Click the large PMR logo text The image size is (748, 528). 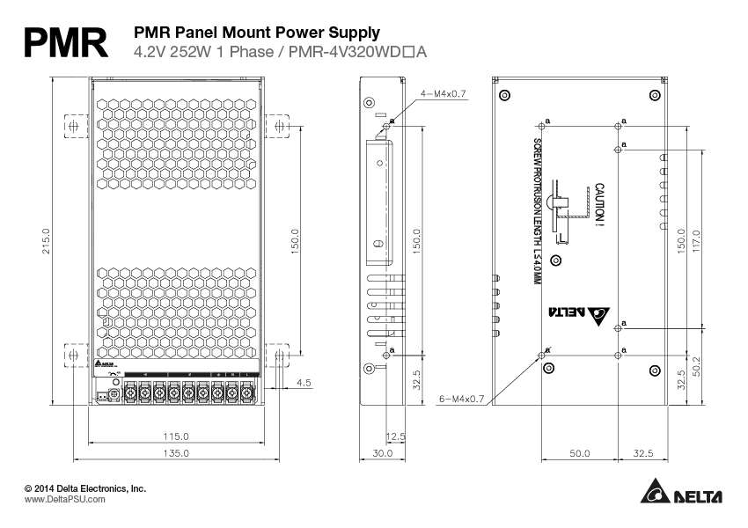click(x=66, y=42)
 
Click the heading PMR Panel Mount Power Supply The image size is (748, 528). click(x=256, y=33)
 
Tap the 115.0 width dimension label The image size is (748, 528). click(x=176, y=436)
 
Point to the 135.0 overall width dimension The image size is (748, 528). click(x=176, y=453)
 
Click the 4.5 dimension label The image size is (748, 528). click(x=304, y=382)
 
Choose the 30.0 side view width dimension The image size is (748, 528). click(x=382, y=453)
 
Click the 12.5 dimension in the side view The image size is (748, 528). click(x=395, y=436)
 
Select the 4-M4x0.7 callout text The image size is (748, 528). click(x=443, y=92)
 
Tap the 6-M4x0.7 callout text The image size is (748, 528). click(x=462, y=399)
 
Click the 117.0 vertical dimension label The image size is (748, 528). click(x=695, y=239)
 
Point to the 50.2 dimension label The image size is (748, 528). click(x=695, y=364)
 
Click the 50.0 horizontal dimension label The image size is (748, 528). click(x=578, y=453)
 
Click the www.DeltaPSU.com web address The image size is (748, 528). click(x=65, y=499)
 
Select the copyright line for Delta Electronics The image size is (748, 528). click(x=85, y=488)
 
